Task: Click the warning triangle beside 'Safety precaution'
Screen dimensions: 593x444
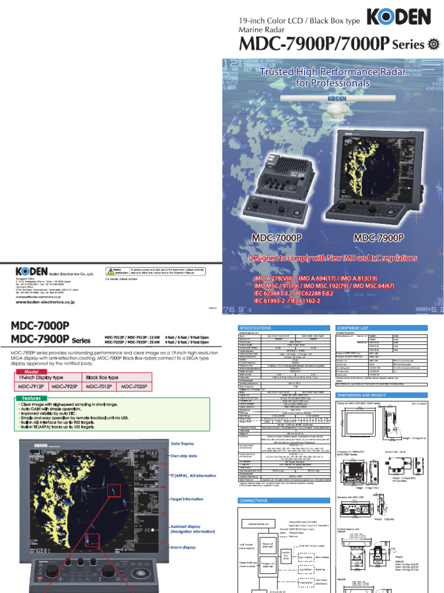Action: point(110,270)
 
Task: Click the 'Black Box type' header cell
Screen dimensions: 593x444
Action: point(102,377)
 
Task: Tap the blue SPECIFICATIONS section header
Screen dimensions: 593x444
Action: point(256,327)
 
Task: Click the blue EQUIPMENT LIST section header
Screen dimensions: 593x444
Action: point(354,327)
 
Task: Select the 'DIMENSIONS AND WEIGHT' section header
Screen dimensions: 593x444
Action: point(365,394)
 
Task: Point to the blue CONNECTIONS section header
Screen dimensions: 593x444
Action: point(255,500)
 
